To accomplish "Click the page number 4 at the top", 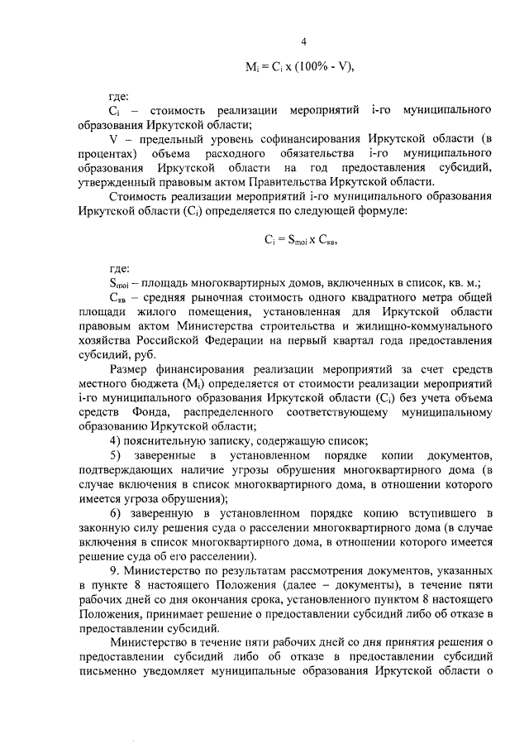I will (303, 42).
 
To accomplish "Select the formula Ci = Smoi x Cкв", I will (303, 240).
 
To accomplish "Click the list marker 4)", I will (117, 440).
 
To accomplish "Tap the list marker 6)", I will (117, 513).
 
